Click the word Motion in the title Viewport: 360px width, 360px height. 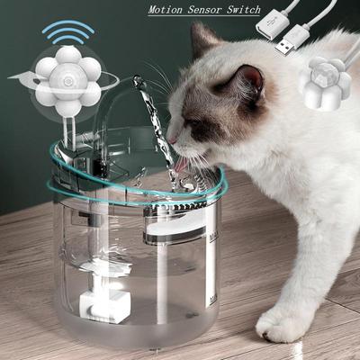(166, 10)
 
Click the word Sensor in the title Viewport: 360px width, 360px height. (205, 10)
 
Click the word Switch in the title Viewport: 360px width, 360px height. (244, 10)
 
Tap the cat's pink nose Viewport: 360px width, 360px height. (172, 140)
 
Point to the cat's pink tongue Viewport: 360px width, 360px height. (183, 164)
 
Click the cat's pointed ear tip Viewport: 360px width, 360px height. (195, 25)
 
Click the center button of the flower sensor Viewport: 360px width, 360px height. (67, 81)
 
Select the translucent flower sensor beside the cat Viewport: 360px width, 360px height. (325, 84)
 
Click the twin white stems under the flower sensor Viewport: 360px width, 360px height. (68, 129)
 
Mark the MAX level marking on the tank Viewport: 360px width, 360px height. (213, 238)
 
